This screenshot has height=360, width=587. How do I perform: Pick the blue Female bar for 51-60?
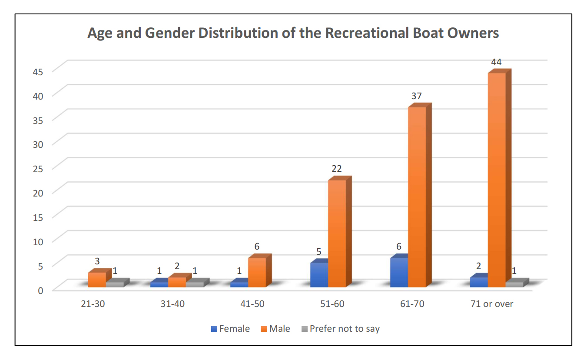[319, 274]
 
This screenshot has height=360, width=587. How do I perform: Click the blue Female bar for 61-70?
[399, 272]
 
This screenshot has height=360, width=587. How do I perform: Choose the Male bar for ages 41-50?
[257, 272]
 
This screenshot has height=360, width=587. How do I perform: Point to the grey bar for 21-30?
[115, 284]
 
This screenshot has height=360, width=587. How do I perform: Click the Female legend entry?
[230, 329]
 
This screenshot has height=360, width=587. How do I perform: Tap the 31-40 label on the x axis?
[172, 304]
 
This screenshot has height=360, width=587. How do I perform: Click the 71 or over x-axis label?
[492, 304]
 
